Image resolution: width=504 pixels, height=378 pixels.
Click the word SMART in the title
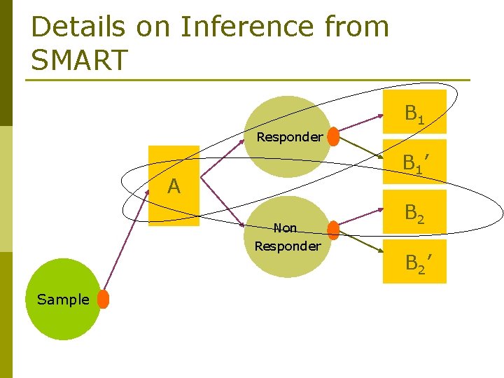80,59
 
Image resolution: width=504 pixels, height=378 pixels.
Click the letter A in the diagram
174,186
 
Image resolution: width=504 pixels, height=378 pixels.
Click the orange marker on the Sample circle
104,299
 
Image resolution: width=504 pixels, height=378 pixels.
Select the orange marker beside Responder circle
334,136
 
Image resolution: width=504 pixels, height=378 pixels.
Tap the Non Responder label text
287,237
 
